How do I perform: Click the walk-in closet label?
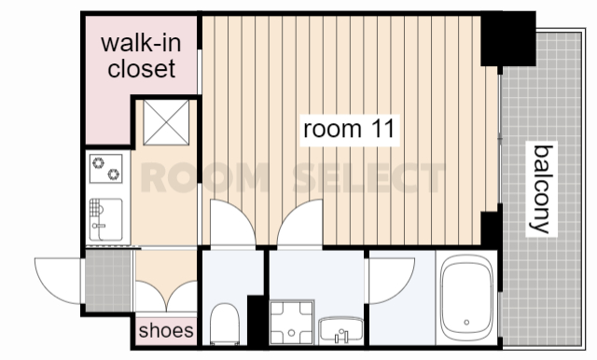(x=141, y=56)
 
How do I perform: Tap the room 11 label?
(x=349, y=129)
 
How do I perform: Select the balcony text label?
(x=541, y=189)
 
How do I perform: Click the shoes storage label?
(x=166, y=330)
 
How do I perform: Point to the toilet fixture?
(x=225, y=324)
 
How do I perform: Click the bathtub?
(x=466, y=298)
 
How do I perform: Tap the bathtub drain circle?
(x=466, y=323)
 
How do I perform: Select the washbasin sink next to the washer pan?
(x=341, y=330)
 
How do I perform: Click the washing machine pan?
(x=292, y=323)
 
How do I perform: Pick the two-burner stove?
(x=105, y=169)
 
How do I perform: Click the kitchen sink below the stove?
(x=105, y=219)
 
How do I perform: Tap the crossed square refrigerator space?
(x=166, y=122)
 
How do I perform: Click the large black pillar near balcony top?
(x=507, y=38)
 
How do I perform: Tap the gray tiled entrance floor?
(x=108, y=281)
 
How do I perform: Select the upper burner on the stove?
(x=98, y=162)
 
